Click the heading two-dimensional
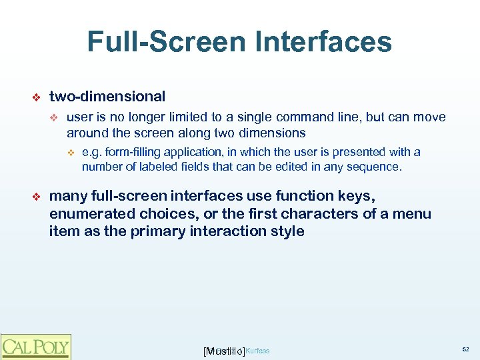107,97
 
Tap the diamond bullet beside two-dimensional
37,97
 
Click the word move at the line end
430,117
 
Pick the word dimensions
269,132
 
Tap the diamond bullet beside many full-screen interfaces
37,197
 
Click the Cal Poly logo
35,347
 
